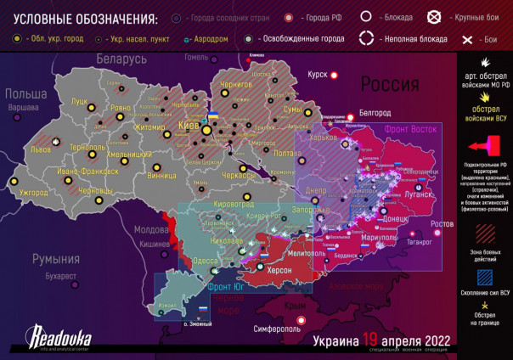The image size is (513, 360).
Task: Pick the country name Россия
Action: tap(390, 84)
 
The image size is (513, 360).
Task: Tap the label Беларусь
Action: tap(121, 59)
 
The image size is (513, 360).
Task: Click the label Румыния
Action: tap(55, 259)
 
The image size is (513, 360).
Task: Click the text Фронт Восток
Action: tap(411, 129)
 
